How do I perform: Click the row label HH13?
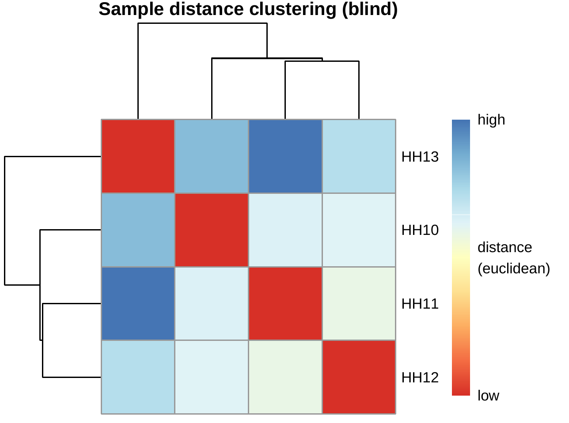[420, 157]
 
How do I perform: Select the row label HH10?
[420, 230]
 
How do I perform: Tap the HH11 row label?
[420, 304]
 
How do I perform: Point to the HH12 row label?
[420, 378]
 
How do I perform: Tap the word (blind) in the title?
[370, 10]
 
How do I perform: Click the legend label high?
[491, 120]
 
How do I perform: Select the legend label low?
[488, 396]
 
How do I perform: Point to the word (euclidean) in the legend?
[514, 268]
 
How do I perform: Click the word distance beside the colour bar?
[505, 247]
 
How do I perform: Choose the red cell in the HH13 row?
[138, 156]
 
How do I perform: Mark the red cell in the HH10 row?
[212, 230]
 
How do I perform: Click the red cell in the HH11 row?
[285, 304]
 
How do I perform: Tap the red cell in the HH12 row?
[359, 377]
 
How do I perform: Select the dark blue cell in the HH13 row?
[285, 156]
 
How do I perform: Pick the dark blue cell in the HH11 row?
[138, 304]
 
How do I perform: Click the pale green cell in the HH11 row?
[359, 304]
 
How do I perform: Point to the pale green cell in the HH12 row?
[285, 377]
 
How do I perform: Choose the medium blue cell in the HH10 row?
[138, 230]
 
